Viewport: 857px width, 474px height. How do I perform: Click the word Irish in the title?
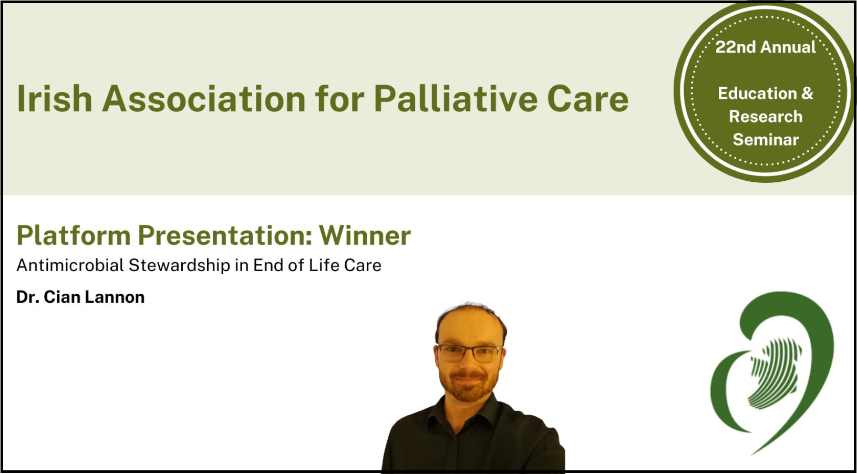[x=55, y=99]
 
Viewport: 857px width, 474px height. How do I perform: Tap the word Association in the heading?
[x=204, y=99]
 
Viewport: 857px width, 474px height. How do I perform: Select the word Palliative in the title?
[x=455, y=99]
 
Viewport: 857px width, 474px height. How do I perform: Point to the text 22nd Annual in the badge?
[x=766, y=47]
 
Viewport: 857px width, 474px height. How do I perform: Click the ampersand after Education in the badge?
[x=807, y=94]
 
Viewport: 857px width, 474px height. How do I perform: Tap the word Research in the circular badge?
[x=766, y=116]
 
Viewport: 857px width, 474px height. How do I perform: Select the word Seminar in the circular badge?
[x=766, y=139]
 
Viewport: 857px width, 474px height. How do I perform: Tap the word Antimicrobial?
[x=70, y=265]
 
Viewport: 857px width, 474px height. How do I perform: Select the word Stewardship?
[x=179, y=265]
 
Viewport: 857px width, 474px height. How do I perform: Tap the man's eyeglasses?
[x=470, y=353]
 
